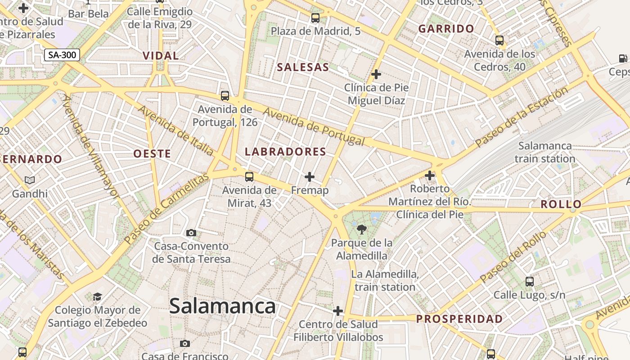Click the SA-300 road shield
pyautogui.click(x=62, y=55)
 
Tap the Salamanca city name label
pyautogui.click(x=222, y=306)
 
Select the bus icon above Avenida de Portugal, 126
pyautogui.click(x=225, y=96)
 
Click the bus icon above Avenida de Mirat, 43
pyautogui.click(x=249, y=177)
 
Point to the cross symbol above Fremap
pyautogui.click(x=310, y=177)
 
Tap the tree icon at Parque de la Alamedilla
pyautogui.click(x=361, y=230)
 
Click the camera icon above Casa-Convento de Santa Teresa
pyautogui.click(x=191, y=233)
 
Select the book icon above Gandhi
pyautogui.click(x=30, y=180)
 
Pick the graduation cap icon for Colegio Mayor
pyautogui.click(x=97, y=297)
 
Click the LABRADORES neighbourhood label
pyautogui.click(x=285, y=152)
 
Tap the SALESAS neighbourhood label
pyautogui.click(x=303, y=67)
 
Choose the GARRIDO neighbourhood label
pyautogui.click(x=446, y=29)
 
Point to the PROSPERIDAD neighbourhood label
pyautogui.click(x=459, y=319)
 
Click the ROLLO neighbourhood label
pyautogui.click(x=561, y=204)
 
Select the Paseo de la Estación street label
pyautogui.click(x=522, y=117)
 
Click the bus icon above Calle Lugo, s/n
pyautogui.click(x=530, y=282)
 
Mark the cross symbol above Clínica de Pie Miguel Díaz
pyautogui.click(x=376, y=74)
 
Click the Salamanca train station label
pyautogui.click(x=545, y=152)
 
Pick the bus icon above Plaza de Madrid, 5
pyautogui.click(x=315, y=18)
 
